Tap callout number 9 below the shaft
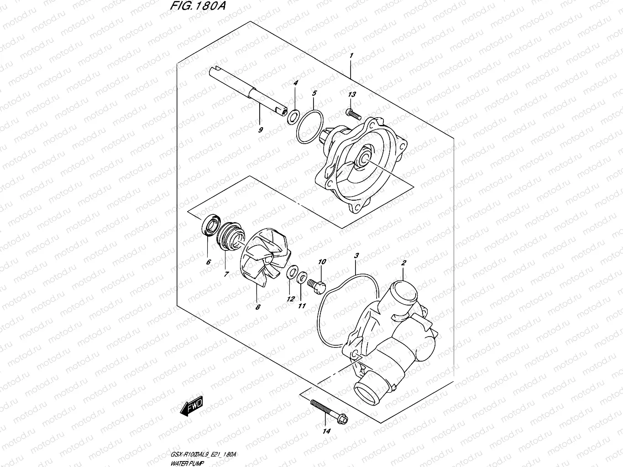[x=261, y=130]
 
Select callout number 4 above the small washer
[x=295, y=83]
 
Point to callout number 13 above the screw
[x=351, y=94]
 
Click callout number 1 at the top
[x=351, y=56]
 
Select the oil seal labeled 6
[x=210, y=225]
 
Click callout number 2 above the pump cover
[x=403, y=263]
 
